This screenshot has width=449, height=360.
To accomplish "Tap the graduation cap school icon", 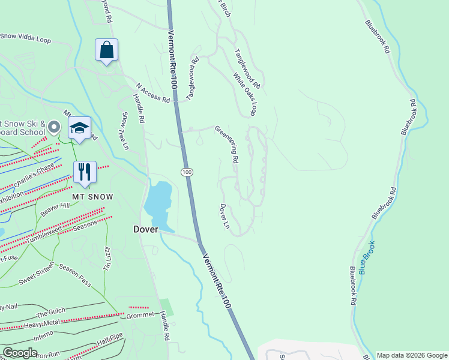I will point(79,128).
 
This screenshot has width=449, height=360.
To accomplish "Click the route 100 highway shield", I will point(187,172).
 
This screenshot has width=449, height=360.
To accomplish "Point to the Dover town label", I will point(145,229).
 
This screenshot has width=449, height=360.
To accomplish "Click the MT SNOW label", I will point(93,197).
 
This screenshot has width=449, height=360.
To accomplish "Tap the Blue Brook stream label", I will point(367,258).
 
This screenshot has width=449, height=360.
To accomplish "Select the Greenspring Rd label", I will point(227,145).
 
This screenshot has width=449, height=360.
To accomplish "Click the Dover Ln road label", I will point(224,217).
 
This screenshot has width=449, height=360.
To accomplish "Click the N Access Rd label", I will point(153,93).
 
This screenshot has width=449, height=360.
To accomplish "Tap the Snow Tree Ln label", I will point(125,131).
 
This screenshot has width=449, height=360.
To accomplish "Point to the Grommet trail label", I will point(140,314).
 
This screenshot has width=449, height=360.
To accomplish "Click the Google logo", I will point(20,353).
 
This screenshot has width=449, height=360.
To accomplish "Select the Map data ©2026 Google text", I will point(411,355).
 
